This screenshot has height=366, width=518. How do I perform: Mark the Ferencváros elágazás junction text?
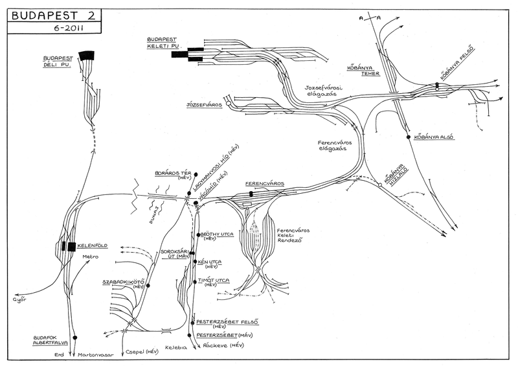coord(332,145)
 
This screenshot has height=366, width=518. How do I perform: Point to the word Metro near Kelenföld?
coord(89,257)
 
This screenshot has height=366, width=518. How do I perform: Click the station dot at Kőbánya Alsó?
coord(409,137)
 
